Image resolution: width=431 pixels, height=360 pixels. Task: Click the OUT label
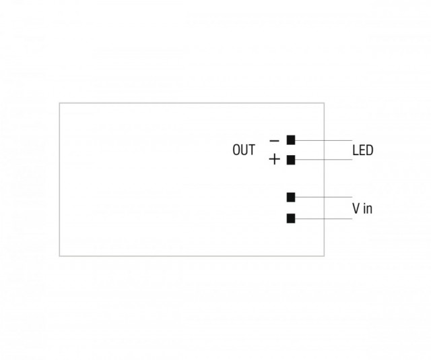click(x=244, y=150)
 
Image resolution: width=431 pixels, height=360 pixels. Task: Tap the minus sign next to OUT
click(x=274, y=141)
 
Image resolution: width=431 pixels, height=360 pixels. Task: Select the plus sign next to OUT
click(x=274, y=159)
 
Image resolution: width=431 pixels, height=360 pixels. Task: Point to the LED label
click(x=363, y=150)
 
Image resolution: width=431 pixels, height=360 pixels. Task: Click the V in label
click(x=362, y=208)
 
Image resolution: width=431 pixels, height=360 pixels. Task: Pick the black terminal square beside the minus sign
click(x=291, y=140)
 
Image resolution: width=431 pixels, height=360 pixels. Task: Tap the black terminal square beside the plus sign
click(x=291, y=160)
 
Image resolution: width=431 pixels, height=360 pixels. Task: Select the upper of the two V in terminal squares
click(x=291, y=197)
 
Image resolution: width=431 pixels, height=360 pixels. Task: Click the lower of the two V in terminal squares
click(x=291, y=218)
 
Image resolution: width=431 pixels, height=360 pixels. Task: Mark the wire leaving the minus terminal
click(x=323, y=140)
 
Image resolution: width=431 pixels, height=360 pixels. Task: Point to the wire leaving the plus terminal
click(x=323, y=159)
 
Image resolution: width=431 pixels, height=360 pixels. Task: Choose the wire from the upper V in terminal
click(x=323, y=197)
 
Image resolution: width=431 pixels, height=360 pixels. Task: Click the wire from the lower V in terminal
click(x=323, y=219)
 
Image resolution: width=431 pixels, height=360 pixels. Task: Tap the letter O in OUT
click(x=236, y=150)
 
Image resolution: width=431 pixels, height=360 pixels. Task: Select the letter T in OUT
click(x=251, y=150)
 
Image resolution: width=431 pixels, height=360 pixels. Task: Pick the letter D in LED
click(x=370, y=150)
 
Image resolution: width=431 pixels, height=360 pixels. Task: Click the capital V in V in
click(x=356, y=208)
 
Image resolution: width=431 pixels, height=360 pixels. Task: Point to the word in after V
click(x=368, y=208)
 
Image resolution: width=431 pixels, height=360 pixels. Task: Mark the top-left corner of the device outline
click(x=59, y=103)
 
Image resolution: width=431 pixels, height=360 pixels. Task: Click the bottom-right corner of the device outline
click(x=324, y=256)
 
